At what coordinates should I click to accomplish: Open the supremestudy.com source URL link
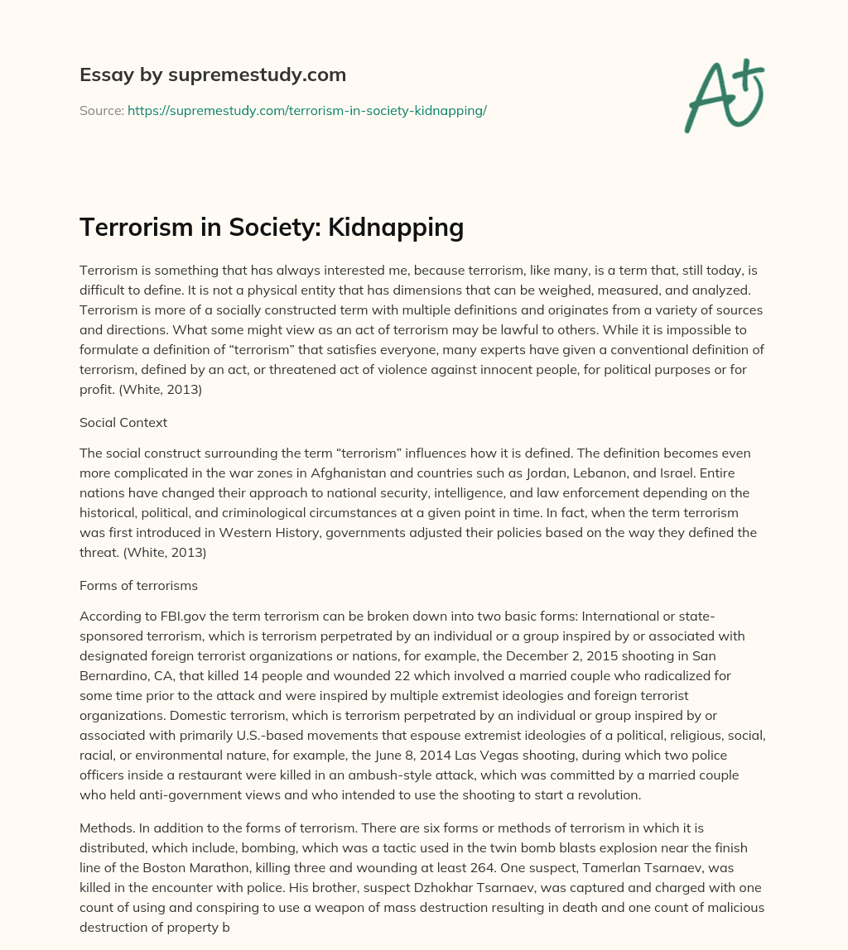point(306,110)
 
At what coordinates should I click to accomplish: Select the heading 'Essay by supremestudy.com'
point(213,74)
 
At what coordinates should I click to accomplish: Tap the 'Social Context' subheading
point(123,422)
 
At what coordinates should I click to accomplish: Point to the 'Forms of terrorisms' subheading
point(137,585)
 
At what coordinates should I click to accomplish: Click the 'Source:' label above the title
point(101,110)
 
